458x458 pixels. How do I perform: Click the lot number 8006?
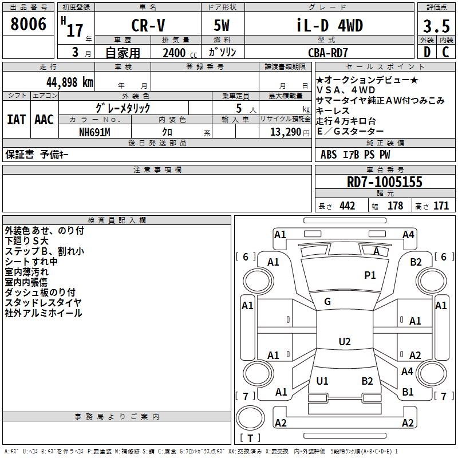pos(28,24)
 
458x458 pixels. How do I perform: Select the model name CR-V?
pos(148,25)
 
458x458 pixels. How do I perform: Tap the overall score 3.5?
pos(436,26)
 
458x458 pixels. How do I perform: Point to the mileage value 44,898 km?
pos(69,82)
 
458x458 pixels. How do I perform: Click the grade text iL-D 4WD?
pos(330,25)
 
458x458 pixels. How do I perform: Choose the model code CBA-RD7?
pos(328,53)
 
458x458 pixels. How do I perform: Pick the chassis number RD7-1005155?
pos(384,182)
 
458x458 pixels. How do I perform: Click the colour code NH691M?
pos(94,132)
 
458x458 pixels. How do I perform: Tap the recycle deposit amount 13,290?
pos(285,132)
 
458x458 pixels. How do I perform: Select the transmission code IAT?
pos(16,120)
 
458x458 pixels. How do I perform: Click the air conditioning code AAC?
pos(44,120)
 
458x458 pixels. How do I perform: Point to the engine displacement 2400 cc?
pos(180,53)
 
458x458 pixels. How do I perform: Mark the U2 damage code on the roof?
pos(345,341)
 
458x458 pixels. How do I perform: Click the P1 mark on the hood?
pos(370,275)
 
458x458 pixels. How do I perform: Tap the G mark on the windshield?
pos(327,302)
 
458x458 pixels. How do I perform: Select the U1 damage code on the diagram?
pos(322,381)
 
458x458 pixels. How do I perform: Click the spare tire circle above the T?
pos(250,417)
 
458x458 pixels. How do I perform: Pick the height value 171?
pos(441,206)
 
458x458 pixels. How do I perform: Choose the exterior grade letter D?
pos(427,52)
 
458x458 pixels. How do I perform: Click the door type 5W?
pos(222,25)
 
